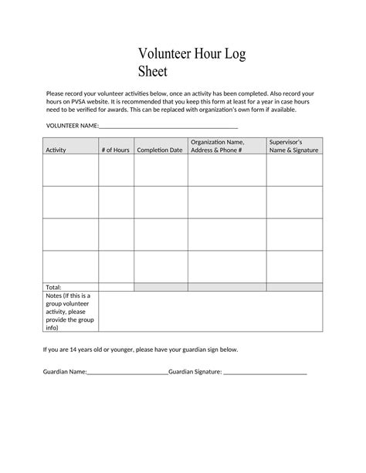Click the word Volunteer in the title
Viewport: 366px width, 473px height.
click(x=165, y=54)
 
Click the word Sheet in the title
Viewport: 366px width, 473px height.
click(x=154, y=73)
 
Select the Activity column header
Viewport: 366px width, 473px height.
click(x=56, y=150)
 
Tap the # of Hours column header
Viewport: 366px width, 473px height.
click(x=115, y=150)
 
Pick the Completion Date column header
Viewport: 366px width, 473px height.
click(x=160, y=150)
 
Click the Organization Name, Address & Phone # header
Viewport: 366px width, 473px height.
click(x=217, y=146)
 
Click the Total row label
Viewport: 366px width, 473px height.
click(x=53, y=287)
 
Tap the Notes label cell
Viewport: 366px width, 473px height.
click(x=69, y=311)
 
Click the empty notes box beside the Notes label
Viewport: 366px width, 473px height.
click(x=210, y=311)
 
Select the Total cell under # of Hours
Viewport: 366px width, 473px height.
click(x=116, y=287)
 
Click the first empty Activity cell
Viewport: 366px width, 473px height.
click(x=69, y=171)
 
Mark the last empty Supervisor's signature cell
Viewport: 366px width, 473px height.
click(x=294, y=266)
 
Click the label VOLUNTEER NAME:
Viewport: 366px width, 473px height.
click(x=72, y=125)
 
